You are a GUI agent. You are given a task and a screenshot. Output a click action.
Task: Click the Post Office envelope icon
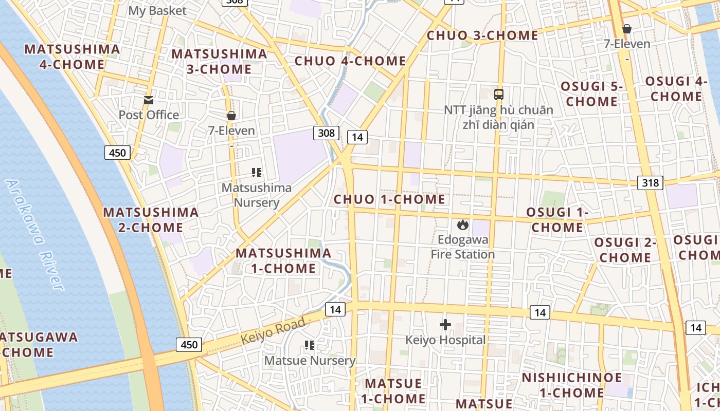tap(149, 100)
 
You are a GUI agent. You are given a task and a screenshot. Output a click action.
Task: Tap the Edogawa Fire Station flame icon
tap(462, 225)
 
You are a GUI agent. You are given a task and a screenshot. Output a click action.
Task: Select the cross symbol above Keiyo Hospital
tap(445, 324)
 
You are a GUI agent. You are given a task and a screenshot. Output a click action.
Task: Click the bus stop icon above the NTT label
tap(498, 95)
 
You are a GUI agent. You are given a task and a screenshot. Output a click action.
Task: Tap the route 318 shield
tap(650, 182)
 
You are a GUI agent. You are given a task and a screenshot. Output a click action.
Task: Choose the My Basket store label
tap(157, 10)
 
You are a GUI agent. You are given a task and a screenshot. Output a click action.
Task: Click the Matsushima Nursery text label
tap(256, 195)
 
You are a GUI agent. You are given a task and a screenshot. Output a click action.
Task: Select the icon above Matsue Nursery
tap(310, 345)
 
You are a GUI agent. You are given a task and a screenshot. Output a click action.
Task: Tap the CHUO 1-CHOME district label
tap(389, 199)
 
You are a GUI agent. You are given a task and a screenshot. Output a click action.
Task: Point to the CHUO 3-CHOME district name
tap(482, 35)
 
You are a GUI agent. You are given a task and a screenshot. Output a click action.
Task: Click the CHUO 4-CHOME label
tap(350, 61)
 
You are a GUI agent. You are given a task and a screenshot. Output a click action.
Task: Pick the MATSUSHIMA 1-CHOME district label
tap(283, 260)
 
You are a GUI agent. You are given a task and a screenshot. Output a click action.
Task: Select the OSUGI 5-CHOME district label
tap(591, 94)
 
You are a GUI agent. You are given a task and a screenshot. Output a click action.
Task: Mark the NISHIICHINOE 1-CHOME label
tap(571, 385)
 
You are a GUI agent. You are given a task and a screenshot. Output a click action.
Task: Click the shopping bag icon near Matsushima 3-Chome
tap(231, 116)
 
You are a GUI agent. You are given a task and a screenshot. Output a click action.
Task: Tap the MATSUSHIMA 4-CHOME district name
tap(72, 57)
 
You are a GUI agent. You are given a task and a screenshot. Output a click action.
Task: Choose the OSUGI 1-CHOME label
tap(557, 220)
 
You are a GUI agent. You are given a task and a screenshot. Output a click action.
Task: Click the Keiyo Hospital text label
tap(445, 340)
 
